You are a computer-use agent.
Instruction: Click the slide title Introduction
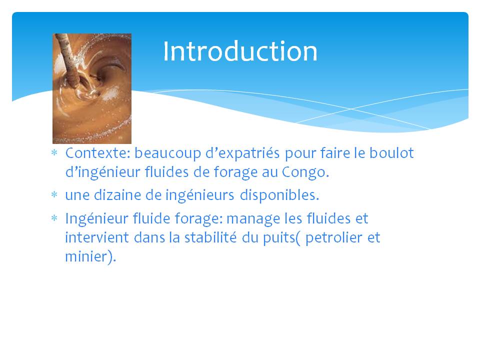pyautogui.click(x=240, y=51)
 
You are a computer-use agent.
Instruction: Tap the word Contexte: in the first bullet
pyautogui.click(x=98, y=153)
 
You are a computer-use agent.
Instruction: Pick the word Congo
pyautogui.click(x=305, y=172)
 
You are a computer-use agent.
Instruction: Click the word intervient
pyautogui.click(x=97, y=237)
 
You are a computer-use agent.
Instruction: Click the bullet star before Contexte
pyautogui.click(x=54, y=152)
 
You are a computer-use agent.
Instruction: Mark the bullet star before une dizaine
pyautogui.click(x=54, y=194)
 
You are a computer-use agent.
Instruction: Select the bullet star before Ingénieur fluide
pyautogui.click(x=54, y=218)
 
